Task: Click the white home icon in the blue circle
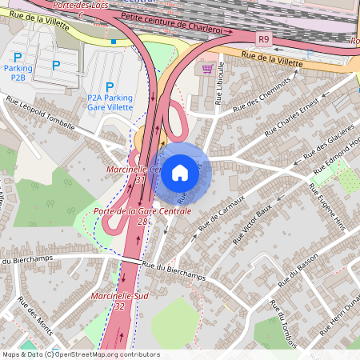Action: [180, 173]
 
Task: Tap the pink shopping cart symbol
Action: [209, 68]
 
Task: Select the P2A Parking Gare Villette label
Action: [110, 101]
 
